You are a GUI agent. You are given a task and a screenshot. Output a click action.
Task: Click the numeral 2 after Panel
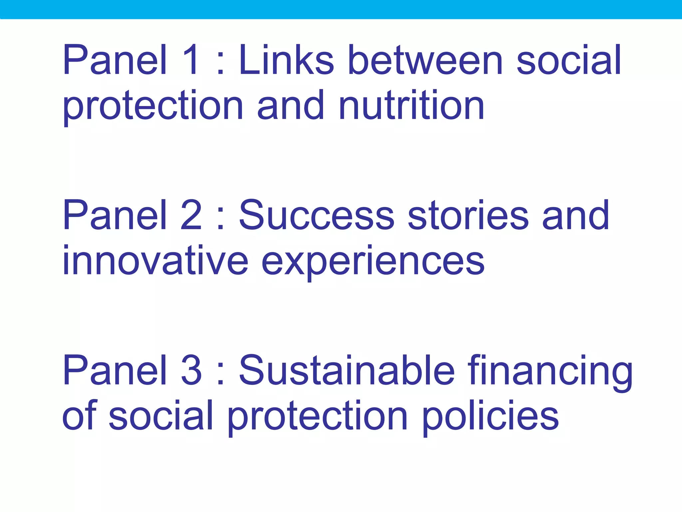tap(191, 215)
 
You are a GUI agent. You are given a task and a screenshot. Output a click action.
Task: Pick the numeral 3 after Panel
tap(191, 370)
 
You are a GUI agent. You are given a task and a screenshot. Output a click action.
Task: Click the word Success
tap(316, 215)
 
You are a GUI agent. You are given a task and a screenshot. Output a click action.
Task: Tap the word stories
tap(468, 215)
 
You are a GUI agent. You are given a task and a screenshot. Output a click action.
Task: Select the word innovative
tap(155, 260)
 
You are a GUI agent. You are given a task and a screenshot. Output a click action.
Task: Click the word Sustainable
tap(347, 370)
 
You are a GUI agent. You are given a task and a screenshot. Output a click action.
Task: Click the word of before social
tap(79, 415)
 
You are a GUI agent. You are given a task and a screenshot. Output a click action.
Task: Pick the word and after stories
tap(576, 215)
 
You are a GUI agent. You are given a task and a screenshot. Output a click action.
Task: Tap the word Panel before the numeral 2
tap(115, 215)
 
